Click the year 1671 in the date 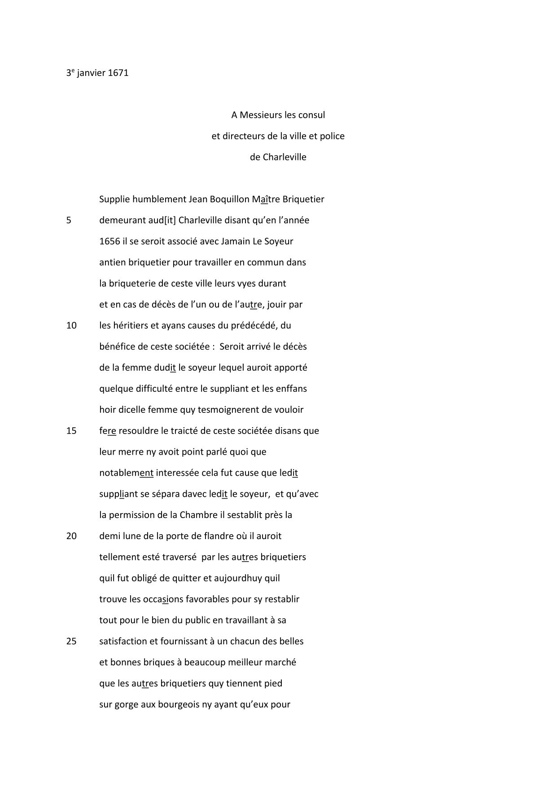pyautogui.click(x=118, y=73)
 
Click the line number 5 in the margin pyautogui.click(x=69, y=220)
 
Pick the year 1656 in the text pyautogui.click(x=109, y=241)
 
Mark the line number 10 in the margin pyautogui.click(x=71, y=325)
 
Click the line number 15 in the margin pyautogui.click(x=71, y=431)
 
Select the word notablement pyautogui.click(x=126, y=473)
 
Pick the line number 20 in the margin pyautogui.click(x=71, y=536)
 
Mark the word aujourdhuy pyautogui.click(x=238, y=578)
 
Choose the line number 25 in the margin pyautogui.click(x=71, y=641)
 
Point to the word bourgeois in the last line pyautogui.click(x=179, y=704)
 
